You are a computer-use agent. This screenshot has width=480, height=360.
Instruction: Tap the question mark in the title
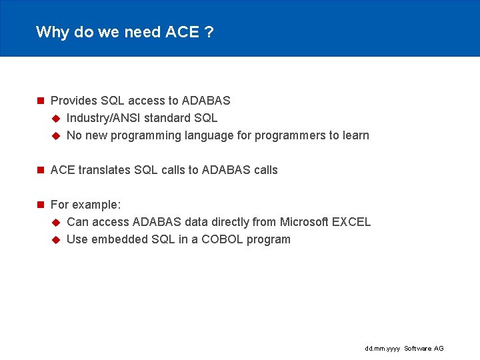click(x=209, y=32)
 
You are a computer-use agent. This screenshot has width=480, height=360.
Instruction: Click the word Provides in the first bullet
click(x=74, y=101)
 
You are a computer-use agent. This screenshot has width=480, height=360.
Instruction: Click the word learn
click(x=356, y=135)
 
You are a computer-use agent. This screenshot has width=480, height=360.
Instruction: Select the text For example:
click(x=85, y=205)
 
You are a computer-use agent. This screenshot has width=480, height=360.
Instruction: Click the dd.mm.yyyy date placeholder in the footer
click(x=383, y=349)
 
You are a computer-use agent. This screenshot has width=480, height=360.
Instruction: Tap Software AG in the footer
click(x=424, y=349)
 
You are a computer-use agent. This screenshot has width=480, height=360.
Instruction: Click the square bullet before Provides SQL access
click(x=40, y=101)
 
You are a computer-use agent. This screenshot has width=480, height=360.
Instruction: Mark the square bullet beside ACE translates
click(x=40, y=170)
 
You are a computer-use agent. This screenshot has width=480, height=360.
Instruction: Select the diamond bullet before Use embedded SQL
click(x=56, y=239)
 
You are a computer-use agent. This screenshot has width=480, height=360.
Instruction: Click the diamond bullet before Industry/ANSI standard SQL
click(x=56, y=119)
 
